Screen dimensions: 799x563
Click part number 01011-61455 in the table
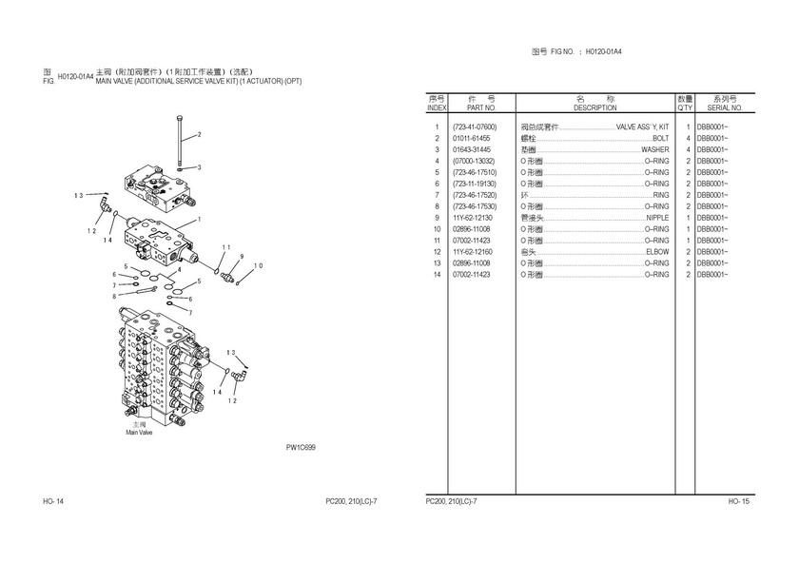pyautogui.click(x=472, y=139)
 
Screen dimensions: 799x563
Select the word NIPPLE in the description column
pyautogui.click(x=657, y=218)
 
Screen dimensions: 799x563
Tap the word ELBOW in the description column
pyautogui.click(x=657, y=252)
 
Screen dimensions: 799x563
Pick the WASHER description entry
pyautogui.click(x=654, y=150)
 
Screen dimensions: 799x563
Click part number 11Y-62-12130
pyautogui.click(x=473, y=218)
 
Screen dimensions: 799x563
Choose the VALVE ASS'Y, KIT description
pyautogui.click(x=643, y=127)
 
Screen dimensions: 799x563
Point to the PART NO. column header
pyautogui.click(x=481, y=108)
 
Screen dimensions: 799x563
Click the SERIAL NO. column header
pyautogui.click(x=725, y=108)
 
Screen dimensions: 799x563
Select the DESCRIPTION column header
pyautogui.click(x=595, y=108)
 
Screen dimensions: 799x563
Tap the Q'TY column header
pyautogui.click(x=685, y=108)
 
